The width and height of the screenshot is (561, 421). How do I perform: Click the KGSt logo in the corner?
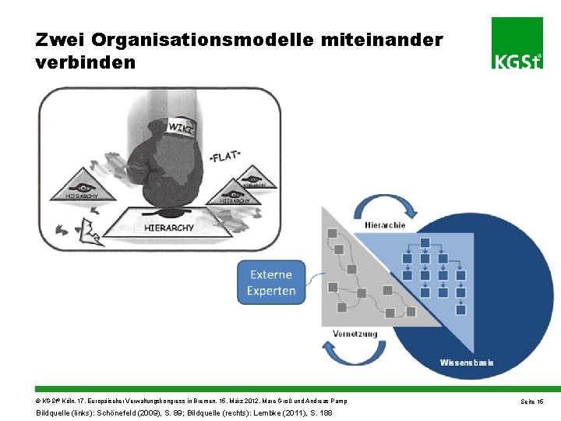click(x=517, y=43)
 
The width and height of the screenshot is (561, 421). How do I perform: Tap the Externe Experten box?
click(x=271, y=283)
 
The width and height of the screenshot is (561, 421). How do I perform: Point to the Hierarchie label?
click(x=385, y=225)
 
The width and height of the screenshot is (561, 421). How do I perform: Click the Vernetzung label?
click(x=355, y=334)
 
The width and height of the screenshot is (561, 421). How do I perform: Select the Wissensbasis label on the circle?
click(x=467, y=363)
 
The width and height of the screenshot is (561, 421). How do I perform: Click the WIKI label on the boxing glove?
click(x=182, y=126)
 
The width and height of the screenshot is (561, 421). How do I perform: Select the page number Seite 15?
click(x=534, y=401)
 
